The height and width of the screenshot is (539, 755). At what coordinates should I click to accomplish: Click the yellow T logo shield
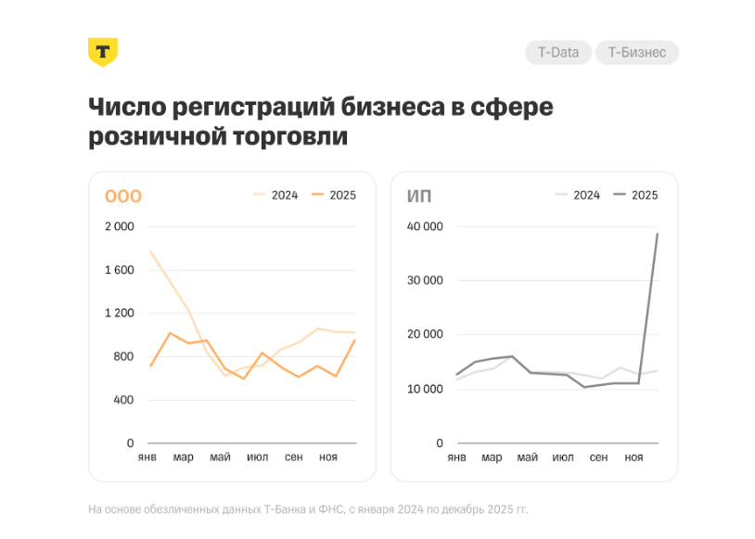coord(102,52)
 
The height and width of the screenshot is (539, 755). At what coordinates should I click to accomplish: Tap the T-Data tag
coord(558,53)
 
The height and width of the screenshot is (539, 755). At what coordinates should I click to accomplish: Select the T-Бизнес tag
coord(636,53)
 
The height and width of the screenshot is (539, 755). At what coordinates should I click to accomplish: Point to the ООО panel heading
coord(122,196)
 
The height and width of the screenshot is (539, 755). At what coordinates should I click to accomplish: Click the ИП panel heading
coord(419,196)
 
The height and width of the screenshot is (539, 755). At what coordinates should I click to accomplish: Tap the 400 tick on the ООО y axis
coord(123,400)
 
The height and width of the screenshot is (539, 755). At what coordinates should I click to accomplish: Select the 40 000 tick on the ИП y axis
coord(426,226)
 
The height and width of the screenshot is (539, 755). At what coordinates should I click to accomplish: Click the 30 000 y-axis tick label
coord(426,280)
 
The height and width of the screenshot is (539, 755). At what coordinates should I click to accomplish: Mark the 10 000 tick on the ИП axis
coord(426,389)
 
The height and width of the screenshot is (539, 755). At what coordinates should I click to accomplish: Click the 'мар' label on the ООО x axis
coord(183,457)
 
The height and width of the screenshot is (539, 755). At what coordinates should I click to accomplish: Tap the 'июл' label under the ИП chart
coord(563,457)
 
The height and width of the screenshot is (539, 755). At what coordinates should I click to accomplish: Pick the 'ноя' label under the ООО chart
coord(327,457)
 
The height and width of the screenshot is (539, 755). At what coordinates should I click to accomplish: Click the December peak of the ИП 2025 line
coord(658,234)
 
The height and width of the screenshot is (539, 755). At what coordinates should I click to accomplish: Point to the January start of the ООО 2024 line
coord(150,250)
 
